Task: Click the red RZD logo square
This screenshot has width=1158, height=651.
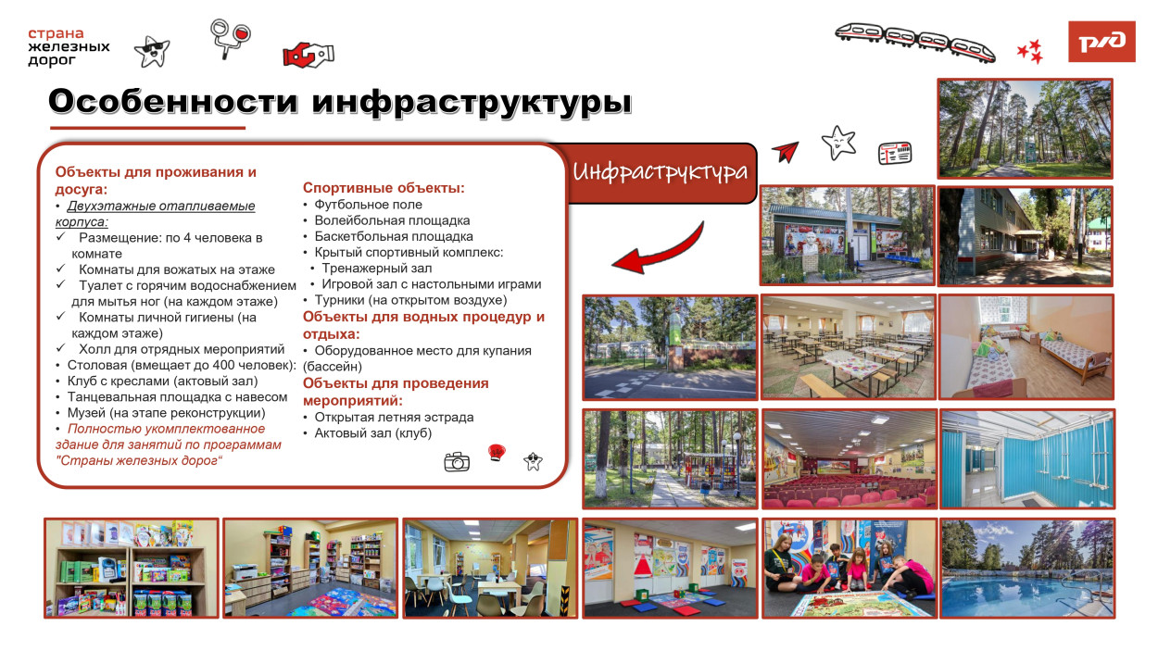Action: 1101,42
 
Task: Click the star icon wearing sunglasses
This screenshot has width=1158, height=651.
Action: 151,51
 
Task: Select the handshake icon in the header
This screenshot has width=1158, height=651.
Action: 308,55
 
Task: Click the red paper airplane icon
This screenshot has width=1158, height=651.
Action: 785,152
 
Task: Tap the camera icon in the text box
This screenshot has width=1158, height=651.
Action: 457,461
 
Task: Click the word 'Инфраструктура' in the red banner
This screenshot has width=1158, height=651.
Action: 660,172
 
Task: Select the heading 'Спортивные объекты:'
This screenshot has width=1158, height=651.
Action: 384,188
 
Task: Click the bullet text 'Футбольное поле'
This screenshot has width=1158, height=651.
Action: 368,205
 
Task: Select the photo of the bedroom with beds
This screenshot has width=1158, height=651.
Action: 1026,347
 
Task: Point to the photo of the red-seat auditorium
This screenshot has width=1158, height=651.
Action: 847,457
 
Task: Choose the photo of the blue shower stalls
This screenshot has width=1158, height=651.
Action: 1026,457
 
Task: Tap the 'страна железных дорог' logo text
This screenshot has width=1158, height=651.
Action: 69,47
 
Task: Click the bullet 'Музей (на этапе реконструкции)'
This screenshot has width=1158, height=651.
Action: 166,412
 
